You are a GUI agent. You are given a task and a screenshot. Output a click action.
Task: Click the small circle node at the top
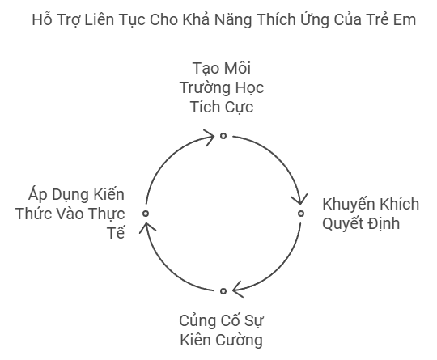click(223, 136)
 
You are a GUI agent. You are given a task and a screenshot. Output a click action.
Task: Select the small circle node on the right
click(301, 214)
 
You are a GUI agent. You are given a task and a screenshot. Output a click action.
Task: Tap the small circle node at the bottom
click(223, 291)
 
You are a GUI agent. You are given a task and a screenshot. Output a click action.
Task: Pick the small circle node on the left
click(146, 214)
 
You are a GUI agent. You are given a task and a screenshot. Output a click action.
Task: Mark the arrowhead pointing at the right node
click(299, 200)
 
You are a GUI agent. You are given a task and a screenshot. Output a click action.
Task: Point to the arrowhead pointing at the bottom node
click(237, 290)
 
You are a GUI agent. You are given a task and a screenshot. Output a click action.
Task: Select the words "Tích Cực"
click(222, 108)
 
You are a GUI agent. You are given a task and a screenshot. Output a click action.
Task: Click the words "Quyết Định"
click(361, 223)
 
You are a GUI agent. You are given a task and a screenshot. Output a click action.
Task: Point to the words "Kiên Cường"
click(221, 341)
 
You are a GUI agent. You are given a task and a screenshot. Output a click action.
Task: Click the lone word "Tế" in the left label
click(117, 232)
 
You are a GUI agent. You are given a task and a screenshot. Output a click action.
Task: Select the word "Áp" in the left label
click(37, 195)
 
